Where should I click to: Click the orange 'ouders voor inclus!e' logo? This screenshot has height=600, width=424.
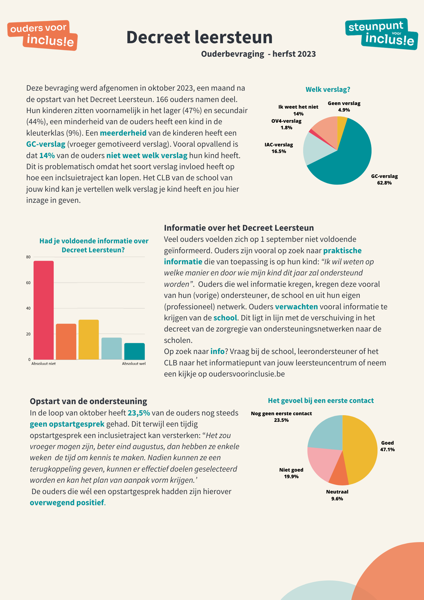click(x=43, y=35)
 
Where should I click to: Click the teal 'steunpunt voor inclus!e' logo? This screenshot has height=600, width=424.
click(x=382, y=34)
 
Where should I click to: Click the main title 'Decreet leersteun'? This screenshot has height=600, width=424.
click(x=199, y=37)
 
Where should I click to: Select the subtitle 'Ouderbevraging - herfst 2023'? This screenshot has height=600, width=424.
click(x=258, y=54)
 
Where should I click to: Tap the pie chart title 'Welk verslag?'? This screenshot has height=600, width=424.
click(x=328, y=89)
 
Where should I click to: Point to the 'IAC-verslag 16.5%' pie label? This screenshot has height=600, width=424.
click(x=279, y=148)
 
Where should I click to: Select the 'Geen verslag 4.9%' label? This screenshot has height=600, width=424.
click(x=344, y=106)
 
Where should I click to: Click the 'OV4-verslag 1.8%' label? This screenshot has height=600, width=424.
click(x=286, y=124)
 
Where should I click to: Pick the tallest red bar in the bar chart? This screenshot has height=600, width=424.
click(x=43, y=310)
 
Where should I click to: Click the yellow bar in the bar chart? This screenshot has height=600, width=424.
click(x=89, y=340)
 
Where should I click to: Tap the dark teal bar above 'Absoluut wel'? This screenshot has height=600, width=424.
click(x=134, y=351)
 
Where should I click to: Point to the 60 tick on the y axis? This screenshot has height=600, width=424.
click(x=28, y=283)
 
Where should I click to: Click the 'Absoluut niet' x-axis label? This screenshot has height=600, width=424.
click(x=43, y=364)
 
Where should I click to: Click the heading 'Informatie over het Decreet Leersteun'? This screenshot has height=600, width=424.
click(x=239, y=228)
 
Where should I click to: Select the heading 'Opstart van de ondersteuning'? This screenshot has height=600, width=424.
click(x=88, y=401)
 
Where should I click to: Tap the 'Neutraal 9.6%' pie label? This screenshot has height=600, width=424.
click(x=337, y=495)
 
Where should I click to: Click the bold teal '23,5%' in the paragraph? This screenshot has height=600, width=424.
click(x=139, y=413)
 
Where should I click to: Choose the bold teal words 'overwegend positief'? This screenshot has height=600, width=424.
click(x=67, y=502)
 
